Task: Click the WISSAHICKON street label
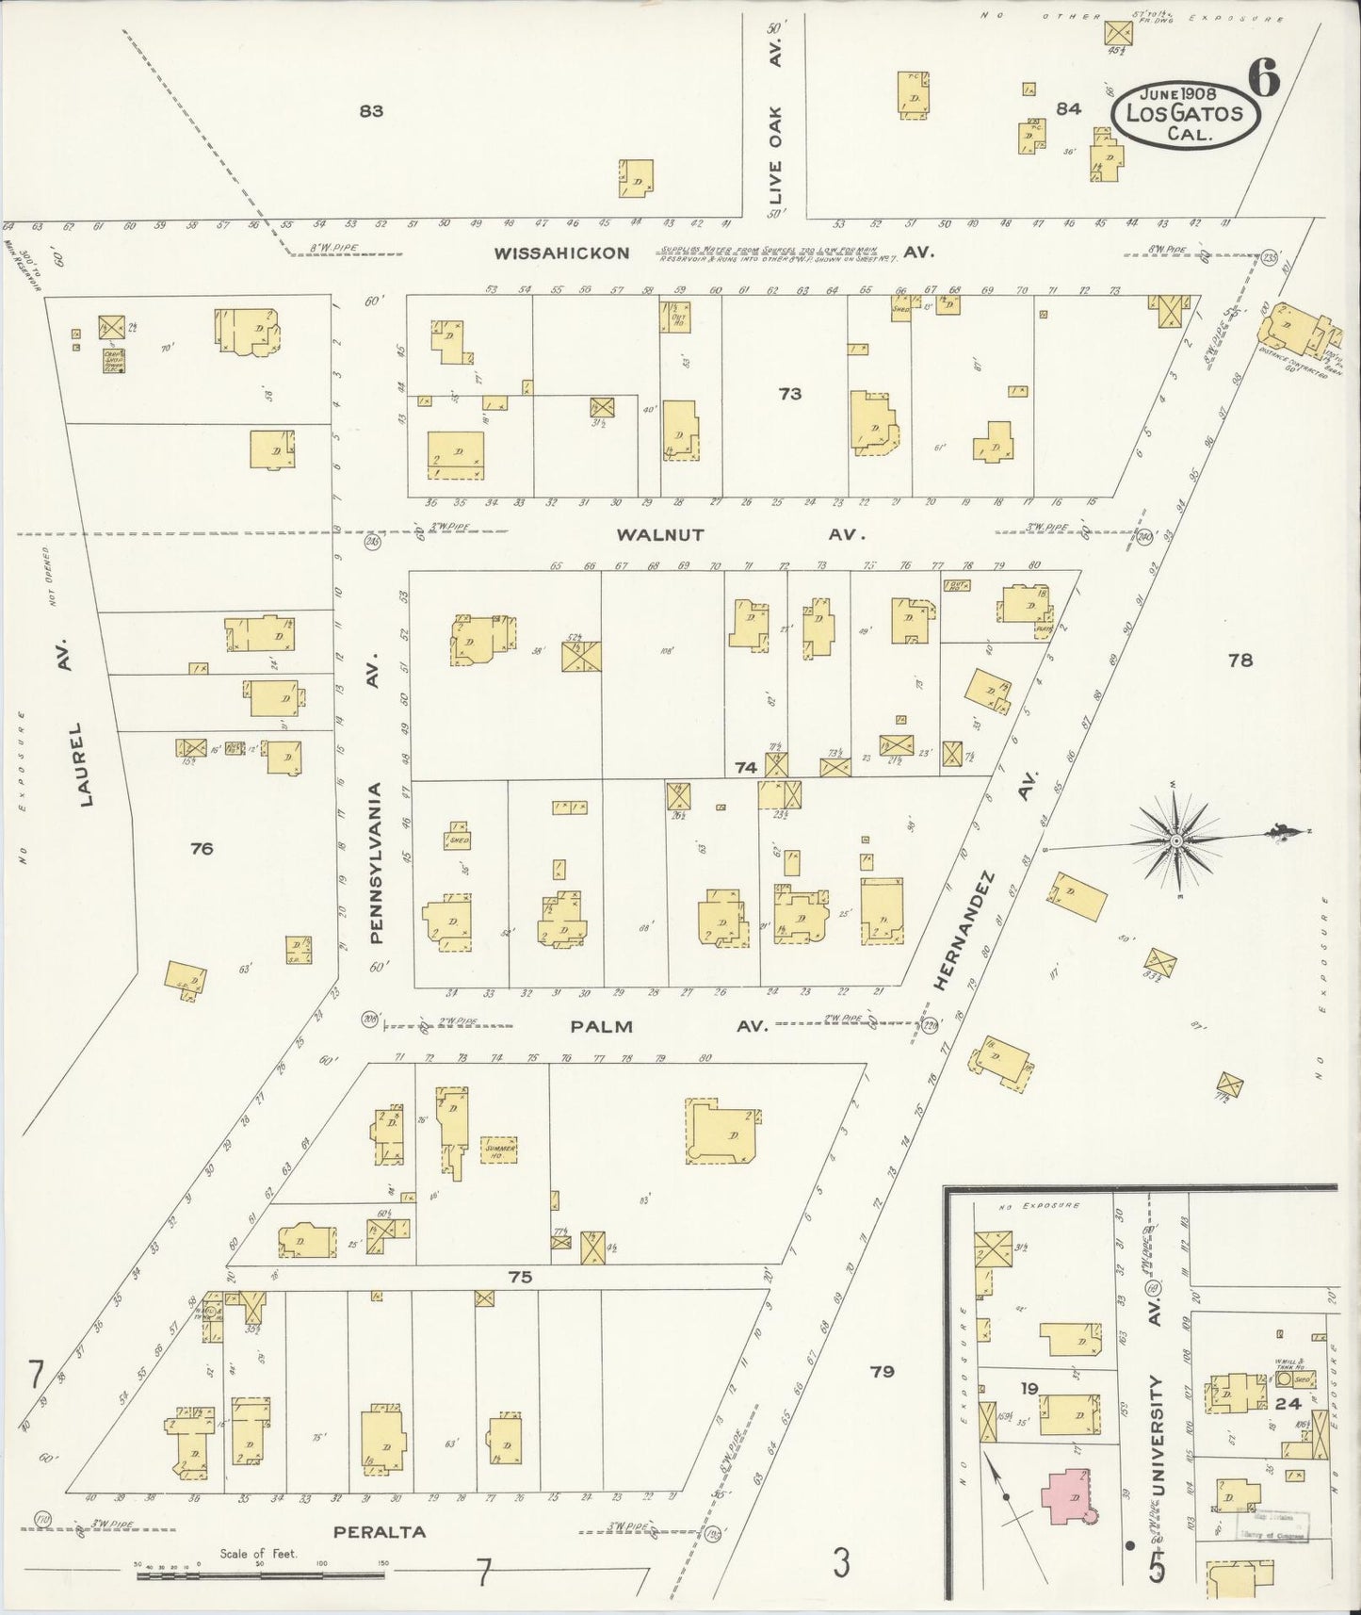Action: [x=562, y=253]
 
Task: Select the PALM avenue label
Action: [x=602, y=1026]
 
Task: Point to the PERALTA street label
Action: [x=380, y=1532]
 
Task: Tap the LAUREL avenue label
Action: [x=88, y=764]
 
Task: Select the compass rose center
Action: [x=1175, y=839]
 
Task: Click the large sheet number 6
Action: [x=1264, y=78]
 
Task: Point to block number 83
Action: [x=371, y=111]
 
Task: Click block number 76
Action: [x=201, y=849]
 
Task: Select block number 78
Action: [x=1240, y=660]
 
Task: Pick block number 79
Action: [x=882, y=1371]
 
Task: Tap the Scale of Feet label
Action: [x=258, y=1554]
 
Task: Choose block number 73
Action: [x=789, y=394]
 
